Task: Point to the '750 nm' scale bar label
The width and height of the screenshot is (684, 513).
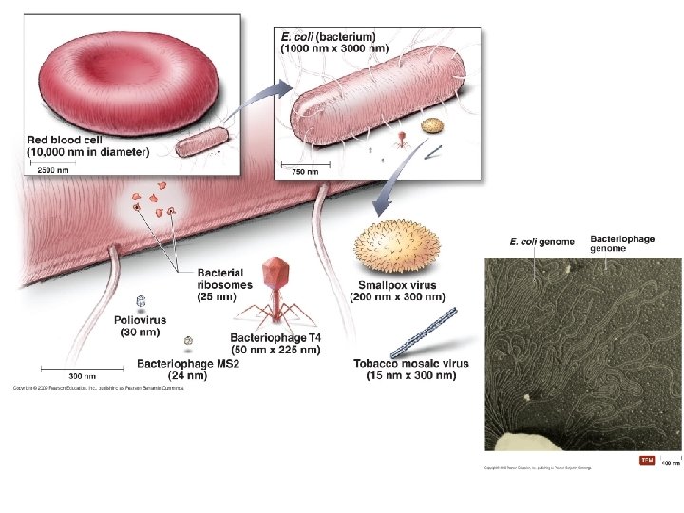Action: [306, 172]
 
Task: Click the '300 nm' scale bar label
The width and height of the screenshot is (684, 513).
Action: [83, 376]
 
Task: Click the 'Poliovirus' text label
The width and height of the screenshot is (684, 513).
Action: [140, 320]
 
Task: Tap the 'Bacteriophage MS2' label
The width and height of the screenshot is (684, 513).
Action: [185, 363]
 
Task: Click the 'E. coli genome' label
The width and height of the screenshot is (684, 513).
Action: [541, 242]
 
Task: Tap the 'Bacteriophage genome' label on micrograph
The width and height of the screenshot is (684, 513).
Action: [622, 243]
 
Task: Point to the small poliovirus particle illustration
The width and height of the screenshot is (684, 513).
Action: [141, 301]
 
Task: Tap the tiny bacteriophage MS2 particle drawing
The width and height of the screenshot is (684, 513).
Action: [189, 340]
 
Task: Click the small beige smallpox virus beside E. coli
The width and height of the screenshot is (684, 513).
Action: [433, 125]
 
